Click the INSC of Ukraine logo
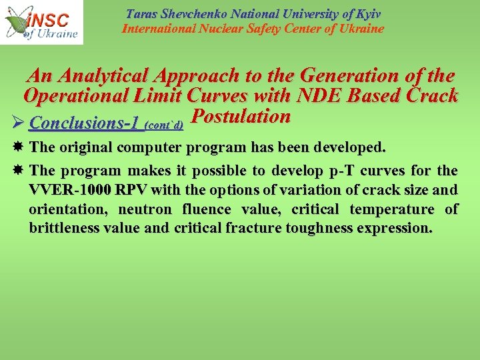tap(41, 23)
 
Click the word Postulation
tap(240, 117)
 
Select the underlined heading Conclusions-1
tap(85, 123)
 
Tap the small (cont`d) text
tap(164, 125)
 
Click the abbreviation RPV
tap(131, 190)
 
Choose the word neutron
tap(141, 209)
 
